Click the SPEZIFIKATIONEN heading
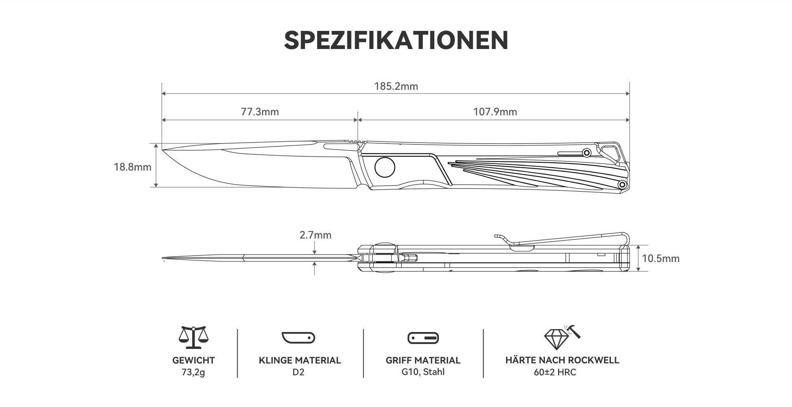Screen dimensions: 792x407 point(396,40)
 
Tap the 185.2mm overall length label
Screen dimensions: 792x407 point(396,86)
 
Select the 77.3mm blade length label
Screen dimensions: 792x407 point(260,112)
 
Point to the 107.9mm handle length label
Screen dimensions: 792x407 point(495,112)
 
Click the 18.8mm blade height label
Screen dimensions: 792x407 point(132,167)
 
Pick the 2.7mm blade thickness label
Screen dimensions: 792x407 point(316,235)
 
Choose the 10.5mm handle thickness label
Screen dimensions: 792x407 point(661,258)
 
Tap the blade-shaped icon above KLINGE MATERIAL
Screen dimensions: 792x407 point(299,337)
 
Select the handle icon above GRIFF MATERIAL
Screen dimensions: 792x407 point(423,338)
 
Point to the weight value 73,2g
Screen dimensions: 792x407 point(193,372)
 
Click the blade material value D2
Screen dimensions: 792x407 point(299,372)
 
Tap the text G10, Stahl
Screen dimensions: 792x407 point(423,372)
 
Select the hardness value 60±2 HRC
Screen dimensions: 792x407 point(562,372)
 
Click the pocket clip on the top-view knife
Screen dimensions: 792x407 point(561,240)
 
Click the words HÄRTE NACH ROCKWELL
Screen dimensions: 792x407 point(562,360)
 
